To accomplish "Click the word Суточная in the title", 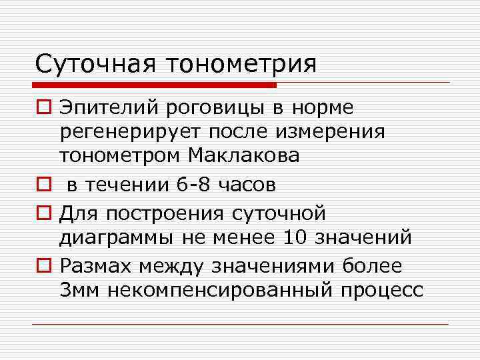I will click(94, 64).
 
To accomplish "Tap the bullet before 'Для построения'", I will click(43, 213).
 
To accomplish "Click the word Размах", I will click(97, 266).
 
